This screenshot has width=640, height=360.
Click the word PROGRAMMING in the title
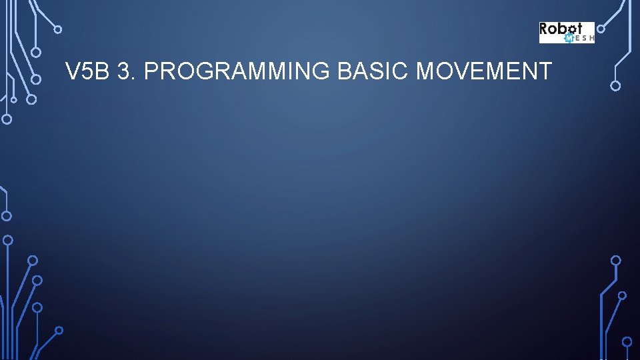(237, 71)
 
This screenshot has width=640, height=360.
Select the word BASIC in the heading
(373, 71)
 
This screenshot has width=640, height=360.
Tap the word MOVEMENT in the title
(483, 71)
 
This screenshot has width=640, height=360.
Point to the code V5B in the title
(87, 71)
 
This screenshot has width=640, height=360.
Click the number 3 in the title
(123, 71)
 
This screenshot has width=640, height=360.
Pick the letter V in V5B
(72, 71)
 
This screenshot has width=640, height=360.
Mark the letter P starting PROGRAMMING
(150, 71)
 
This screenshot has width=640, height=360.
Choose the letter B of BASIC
(345, 71)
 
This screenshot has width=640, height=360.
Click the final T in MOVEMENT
(545, 71)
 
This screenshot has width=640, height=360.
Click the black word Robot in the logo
(561, 29)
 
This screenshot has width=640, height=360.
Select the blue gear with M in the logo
(569, 38)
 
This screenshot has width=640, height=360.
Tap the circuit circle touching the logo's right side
(601, 29)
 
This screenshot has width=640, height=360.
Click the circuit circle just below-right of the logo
(615, 85)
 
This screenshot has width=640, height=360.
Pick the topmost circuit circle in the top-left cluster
(58, 29)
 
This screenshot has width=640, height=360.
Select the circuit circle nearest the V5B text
(37, 79)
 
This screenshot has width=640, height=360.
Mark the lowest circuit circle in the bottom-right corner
(627, 341)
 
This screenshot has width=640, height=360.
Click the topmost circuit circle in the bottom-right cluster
(616, 260)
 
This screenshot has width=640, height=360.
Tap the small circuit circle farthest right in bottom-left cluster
(59, 330)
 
